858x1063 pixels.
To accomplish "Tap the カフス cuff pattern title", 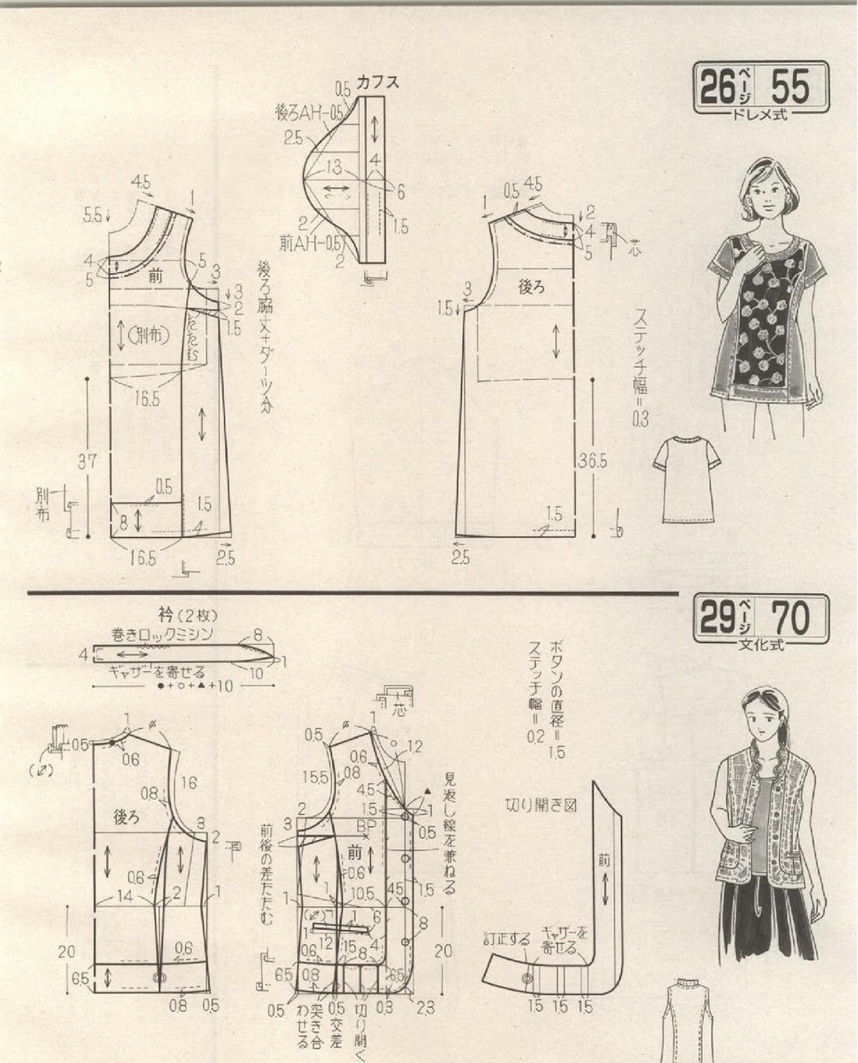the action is (377, 83).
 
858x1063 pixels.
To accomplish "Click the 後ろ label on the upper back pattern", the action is (531, 288).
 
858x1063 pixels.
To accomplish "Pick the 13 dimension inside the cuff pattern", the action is (334, 165).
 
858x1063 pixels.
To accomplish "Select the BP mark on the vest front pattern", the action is (365, 826).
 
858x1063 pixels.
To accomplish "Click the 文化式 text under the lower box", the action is (760, 645).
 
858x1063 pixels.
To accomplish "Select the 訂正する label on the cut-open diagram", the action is (507, 939).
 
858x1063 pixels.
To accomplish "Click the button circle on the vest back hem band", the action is (159, 977).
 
